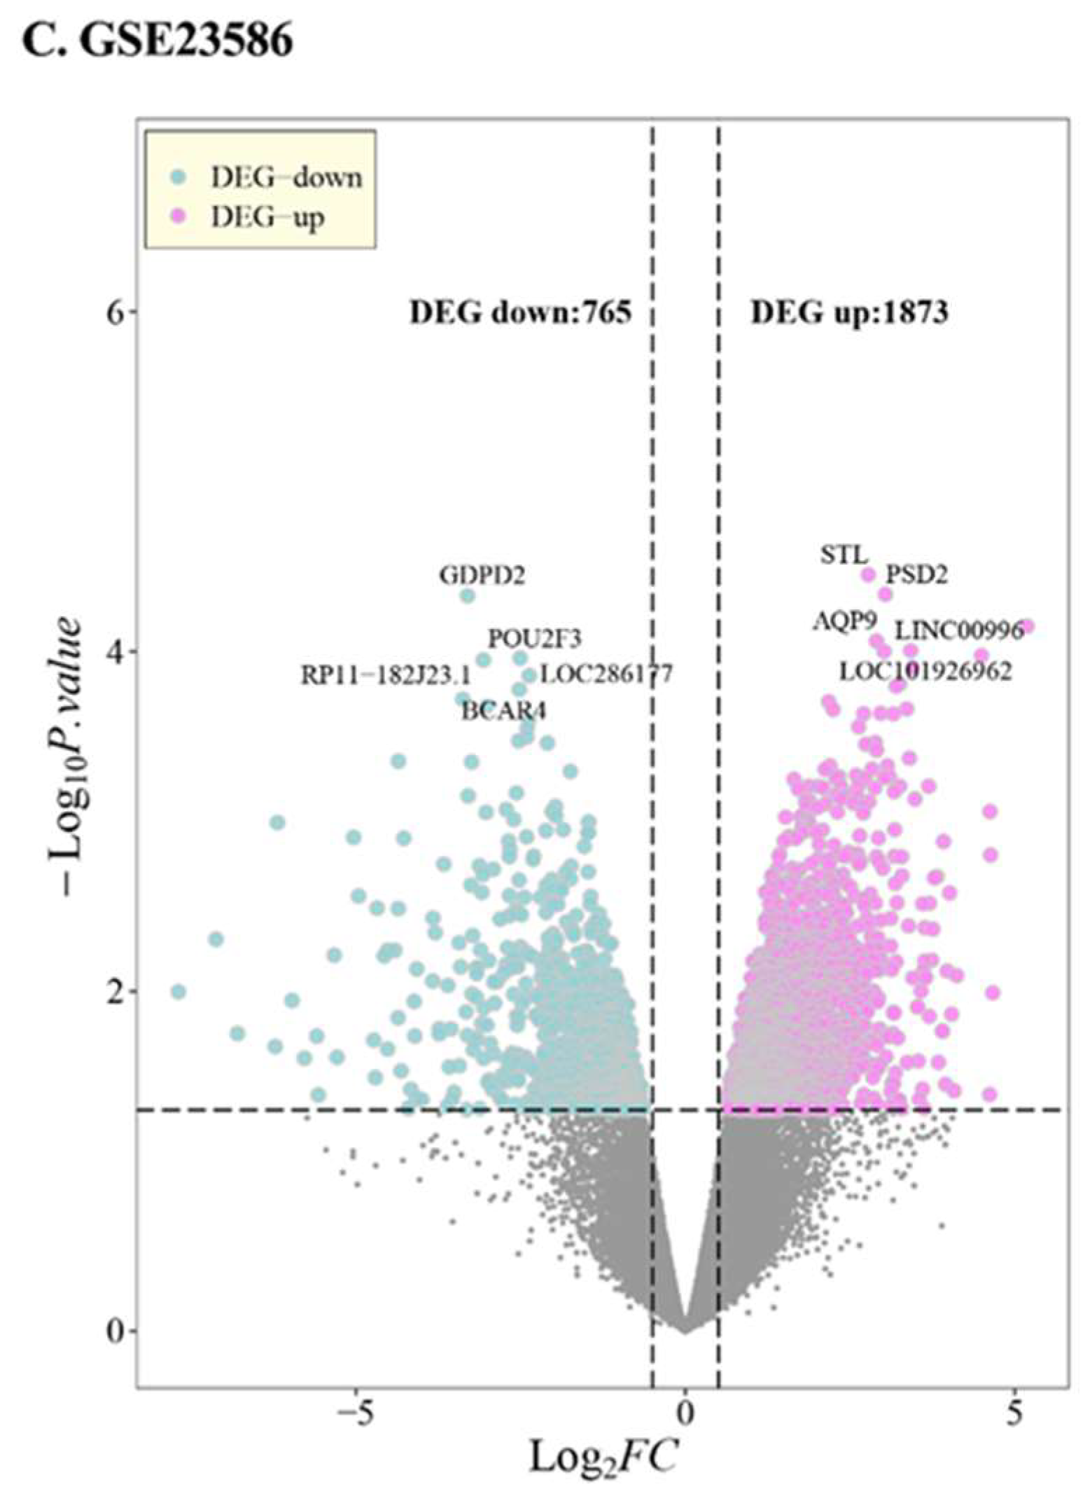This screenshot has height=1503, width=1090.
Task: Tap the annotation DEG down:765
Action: [520, 312]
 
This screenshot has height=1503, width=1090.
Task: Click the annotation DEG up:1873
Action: [849, 312]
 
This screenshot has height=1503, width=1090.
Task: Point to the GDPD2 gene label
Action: [482, 576]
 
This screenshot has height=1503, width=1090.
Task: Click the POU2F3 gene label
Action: [534, 639]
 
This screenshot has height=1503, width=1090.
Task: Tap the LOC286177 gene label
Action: [607, 674]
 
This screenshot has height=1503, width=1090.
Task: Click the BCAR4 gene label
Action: [503, 712]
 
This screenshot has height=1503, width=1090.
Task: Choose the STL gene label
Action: [844, 556]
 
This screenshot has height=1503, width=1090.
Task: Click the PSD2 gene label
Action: [916, 575]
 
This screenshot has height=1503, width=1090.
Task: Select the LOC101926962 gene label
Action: [925, 672]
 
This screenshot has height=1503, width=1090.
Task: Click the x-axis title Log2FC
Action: [603, 1457]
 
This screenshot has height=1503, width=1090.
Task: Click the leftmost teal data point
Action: [179, 992]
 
